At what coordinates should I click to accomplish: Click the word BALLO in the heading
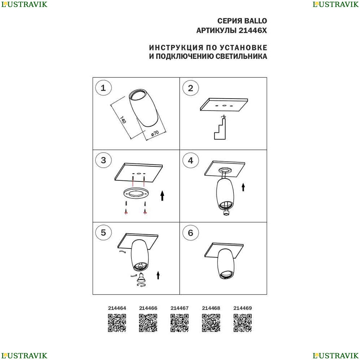tap(255, 21)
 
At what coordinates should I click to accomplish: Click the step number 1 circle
tap(103, 88)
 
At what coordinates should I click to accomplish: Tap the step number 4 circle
tap(190, 160)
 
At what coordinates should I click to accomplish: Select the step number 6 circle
tap(190, 233)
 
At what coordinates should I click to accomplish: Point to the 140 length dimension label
tap(123, 120)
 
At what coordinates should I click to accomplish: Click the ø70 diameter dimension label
tap(155, 134)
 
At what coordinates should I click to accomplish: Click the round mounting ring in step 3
tap(136, 193)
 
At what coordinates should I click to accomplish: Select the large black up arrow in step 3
tap(162, 195)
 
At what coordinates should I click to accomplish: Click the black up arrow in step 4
tap(243, 187)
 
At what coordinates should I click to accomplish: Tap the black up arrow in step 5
tap(158, 275)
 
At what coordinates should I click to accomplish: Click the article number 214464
tap(117, 308)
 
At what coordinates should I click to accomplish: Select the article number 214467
tap(180, 308)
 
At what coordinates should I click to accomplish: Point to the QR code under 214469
tap(243, 323)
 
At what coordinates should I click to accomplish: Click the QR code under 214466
tap(148, 323)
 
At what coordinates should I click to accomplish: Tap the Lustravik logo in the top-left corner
tap(24, 4)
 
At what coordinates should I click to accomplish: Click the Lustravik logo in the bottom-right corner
tap(336, 356)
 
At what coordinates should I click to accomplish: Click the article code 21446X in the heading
tap(253, 30)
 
